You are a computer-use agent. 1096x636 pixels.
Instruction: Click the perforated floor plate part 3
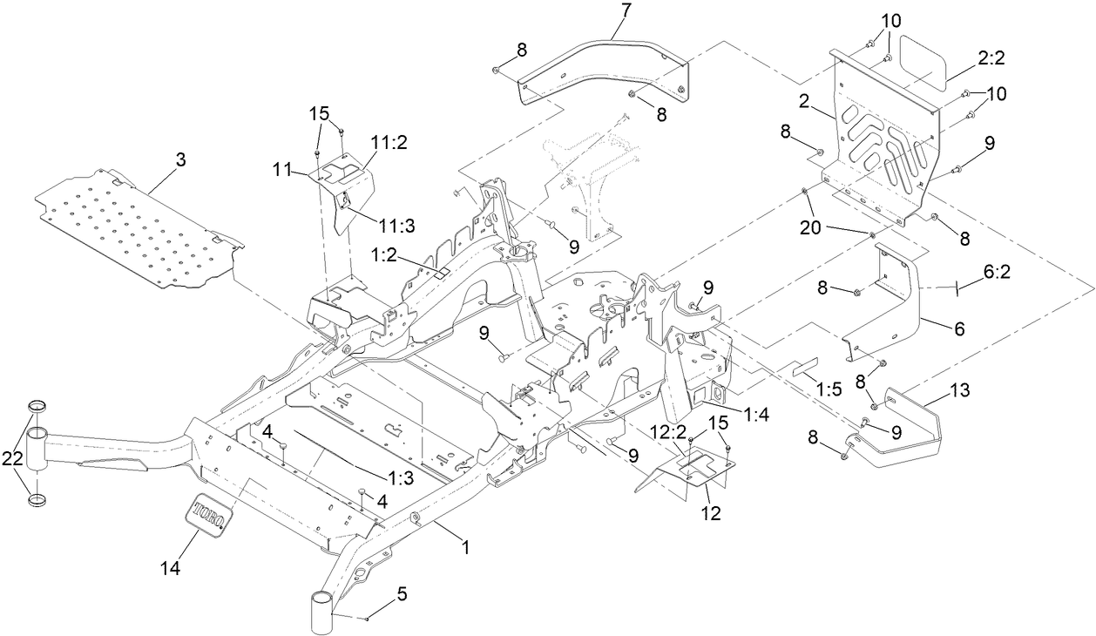point(139,227)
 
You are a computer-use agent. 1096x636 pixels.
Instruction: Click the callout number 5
point(401,595)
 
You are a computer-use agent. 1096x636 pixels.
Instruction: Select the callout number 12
point(711,512)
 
